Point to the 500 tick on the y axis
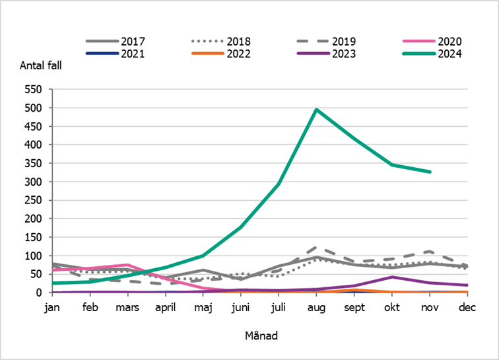(34, 108)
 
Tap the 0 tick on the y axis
(40, 293)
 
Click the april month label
(165, 306)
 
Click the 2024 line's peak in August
(317, 110)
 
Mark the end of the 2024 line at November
(430, 172)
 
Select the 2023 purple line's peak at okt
(392, 277)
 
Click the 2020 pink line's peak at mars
(127, 265)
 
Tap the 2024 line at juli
(279, 184)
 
